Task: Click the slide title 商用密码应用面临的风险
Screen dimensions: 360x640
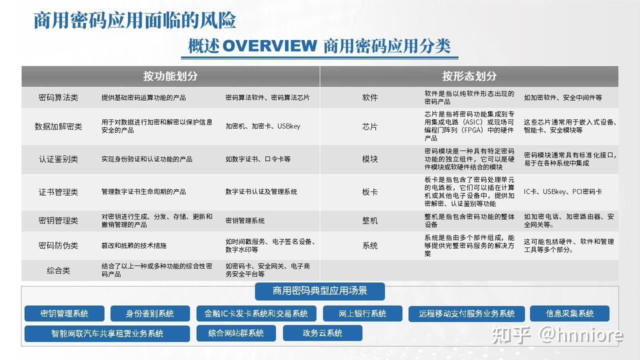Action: pyautogui.click(x=134, y=20)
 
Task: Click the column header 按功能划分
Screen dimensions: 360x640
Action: pyautogui.click(x=170, y=76)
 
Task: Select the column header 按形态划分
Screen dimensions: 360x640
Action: pyautogui.click(x=469, y=76)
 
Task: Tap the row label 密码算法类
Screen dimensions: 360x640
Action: pyautogui.click(x=58, y=97)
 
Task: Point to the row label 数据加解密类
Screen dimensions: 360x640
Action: pyautogui.click(x=58, y=126)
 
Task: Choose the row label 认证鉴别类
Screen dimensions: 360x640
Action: pyautogui.click(x=58, y=159)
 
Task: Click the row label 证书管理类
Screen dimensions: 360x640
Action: pyautogui.click(x=58, y=191)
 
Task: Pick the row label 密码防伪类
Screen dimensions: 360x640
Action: pyautogui.click(x=58, y=245)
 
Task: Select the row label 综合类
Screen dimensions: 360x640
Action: pyautogui.click(x=58, y=270)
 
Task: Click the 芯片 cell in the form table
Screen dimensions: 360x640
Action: pyautogui.click(x=370, y=126)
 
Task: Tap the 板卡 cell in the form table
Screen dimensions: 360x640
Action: pyautogui.click(x=370, y=191)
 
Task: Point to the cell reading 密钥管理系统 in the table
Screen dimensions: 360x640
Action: pyautogui.click(x=245, y=220)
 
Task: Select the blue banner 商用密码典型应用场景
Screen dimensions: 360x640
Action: pyautogui.click(x=319, y=291)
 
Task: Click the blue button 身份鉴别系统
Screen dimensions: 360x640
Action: pyautogui.click(x=150, y=313)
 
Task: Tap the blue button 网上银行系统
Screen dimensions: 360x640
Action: pyautogui.click(x=362, y=313)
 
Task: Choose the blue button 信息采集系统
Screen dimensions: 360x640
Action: pyautogui.click(x=569, y=313)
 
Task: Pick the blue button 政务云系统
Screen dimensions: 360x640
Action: pyautogui.click(x=322, y=333)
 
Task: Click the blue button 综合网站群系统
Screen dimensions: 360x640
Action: pyautogui.click(x=236, y=333)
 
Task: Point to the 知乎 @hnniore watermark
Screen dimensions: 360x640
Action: pyautogui.click(x=557, y=334)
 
